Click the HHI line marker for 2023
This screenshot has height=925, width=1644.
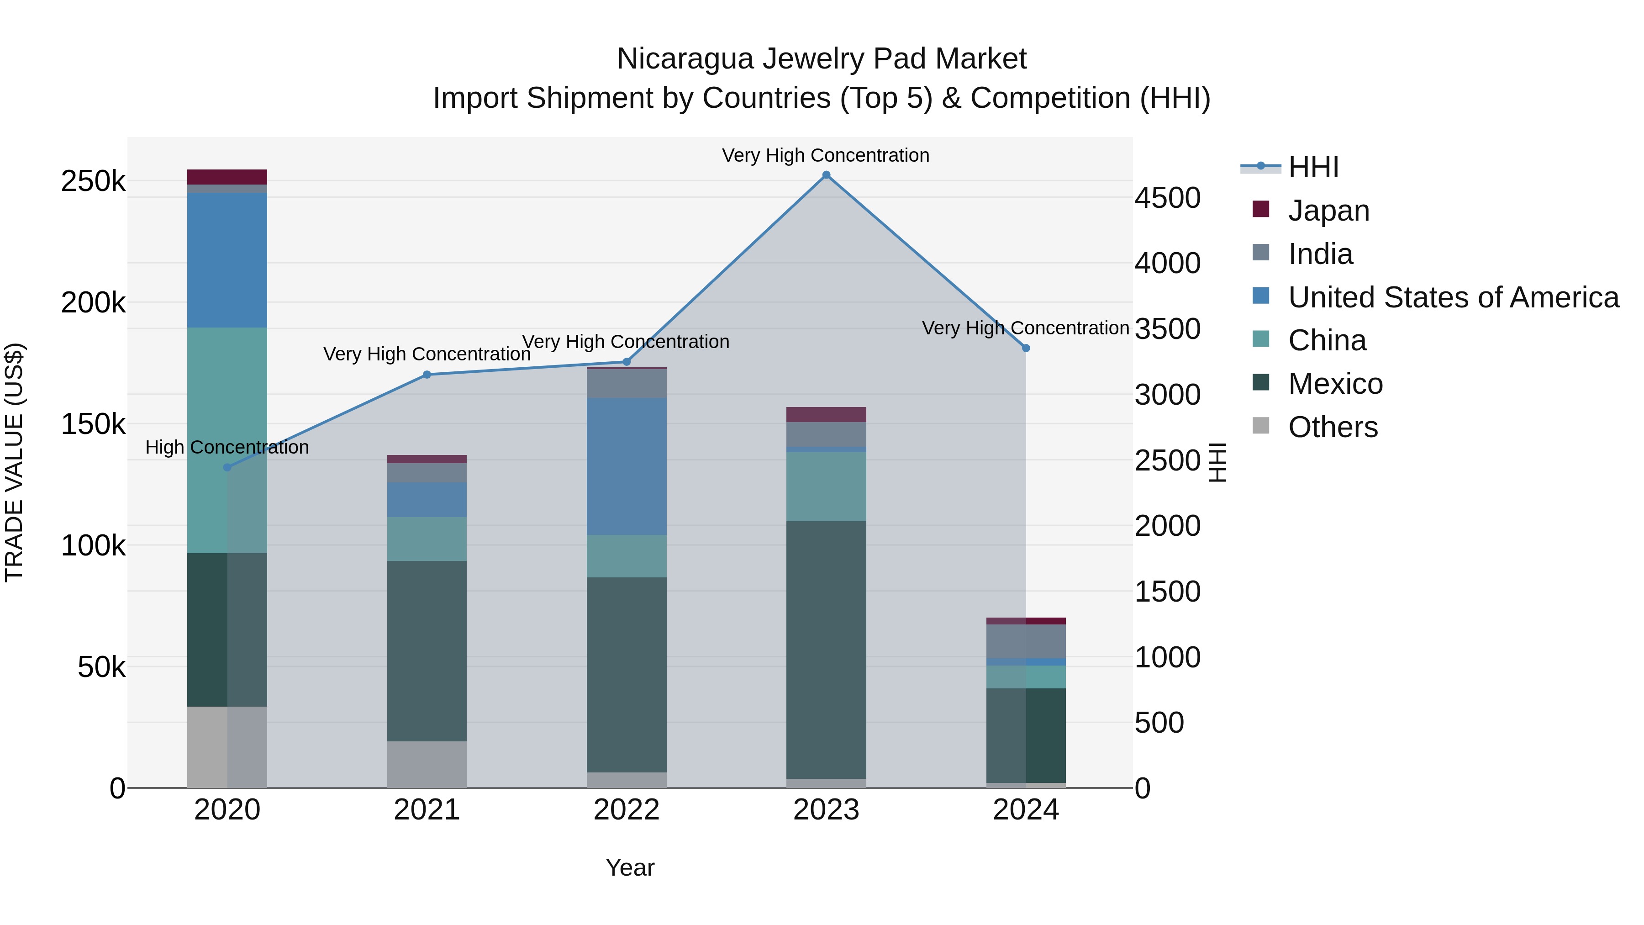826,175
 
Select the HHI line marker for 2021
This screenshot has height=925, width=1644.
427,375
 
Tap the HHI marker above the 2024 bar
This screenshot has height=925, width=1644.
1026,349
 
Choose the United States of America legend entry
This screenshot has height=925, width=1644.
1453,297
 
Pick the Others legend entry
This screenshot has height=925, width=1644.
1333,427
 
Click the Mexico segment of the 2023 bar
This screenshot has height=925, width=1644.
826,649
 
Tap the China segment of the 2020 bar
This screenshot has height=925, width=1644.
227,440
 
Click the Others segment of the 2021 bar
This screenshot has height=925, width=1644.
427,764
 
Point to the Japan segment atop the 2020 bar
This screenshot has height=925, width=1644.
227,177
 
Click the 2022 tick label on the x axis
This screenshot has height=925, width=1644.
626,810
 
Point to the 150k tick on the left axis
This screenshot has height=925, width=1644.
93,424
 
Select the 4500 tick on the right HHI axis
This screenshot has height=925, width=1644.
1167,198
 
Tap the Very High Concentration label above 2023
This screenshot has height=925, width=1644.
825,155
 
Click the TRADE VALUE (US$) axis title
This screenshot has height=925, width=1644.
14,462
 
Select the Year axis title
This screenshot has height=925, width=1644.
630,867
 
